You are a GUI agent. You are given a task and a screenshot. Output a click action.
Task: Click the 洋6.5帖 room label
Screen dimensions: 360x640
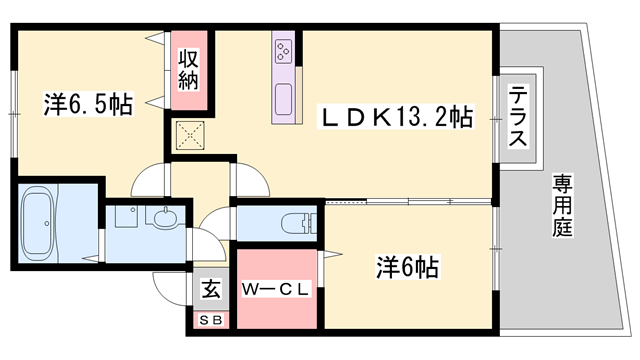coord(88,104)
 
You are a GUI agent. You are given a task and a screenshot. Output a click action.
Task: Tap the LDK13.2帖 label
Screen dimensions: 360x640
coord(395,117)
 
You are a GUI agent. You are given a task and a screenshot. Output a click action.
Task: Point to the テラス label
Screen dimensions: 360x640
coord(518,118)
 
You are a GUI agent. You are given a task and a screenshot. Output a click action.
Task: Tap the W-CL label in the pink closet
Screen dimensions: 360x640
coord(276,289)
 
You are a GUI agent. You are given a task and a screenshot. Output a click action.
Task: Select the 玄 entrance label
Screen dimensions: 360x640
coord(211,291)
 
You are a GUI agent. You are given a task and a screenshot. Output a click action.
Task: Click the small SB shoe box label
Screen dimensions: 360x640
coord(211,319)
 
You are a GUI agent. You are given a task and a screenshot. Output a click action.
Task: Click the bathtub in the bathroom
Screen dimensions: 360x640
coord(42,222)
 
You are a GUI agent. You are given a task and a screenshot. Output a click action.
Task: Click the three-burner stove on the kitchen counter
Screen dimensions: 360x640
coord(283,50)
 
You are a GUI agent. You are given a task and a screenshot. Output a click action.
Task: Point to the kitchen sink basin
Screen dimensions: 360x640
coord(283,101)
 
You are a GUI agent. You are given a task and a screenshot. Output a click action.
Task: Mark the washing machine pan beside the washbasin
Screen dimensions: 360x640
coord(128,219)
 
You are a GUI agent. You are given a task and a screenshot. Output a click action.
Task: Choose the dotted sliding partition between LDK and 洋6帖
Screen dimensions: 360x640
coord(410,203)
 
